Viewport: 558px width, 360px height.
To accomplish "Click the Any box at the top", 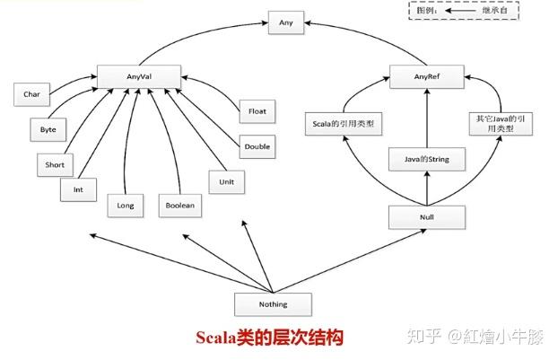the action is (286, 22).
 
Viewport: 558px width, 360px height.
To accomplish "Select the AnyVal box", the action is (139, 76).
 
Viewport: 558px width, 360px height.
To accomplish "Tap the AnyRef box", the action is (427, 76).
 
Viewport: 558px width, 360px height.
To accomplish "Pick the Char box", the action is (31, 94).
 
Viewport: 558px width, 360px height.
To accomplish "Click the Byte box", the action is (48, 129).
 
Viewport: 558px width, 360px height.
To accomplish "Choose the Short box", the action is (55, 165).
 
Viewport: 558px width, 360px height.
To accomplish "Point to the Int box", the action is (78, 189).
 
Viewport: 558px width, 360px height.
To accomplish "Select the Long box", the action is (126, 206).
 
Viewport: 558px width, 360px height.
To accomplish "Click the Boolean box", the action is (180, 206).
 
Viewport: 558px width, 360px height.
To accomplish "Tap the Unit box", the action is (227, 182).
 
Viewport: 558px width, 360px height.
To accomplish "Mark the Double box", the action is (257, 146).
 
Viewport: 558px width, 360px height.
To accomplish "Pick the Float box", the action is (257, 111).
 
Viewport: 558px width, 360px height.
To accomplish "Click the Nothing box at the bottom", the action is (273, 304).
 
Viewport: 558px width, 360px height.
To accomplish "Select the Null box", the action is (427, 217).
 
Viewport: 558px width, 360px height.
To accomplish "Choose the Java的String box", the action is (427, 159).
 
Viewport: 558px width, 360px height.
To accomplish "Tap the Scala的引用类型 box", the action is (344, 124).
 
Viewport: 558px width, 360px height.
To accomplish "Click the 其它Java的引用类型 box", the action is (501, 124).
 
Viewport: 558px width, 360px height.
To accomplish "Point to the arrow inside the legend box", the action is (460, 11).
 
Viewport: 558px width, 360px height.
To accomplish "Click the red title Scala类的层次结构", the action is (270, 338).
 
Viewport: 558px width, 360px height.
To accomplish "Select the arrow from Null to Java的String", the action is (427, 189).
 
